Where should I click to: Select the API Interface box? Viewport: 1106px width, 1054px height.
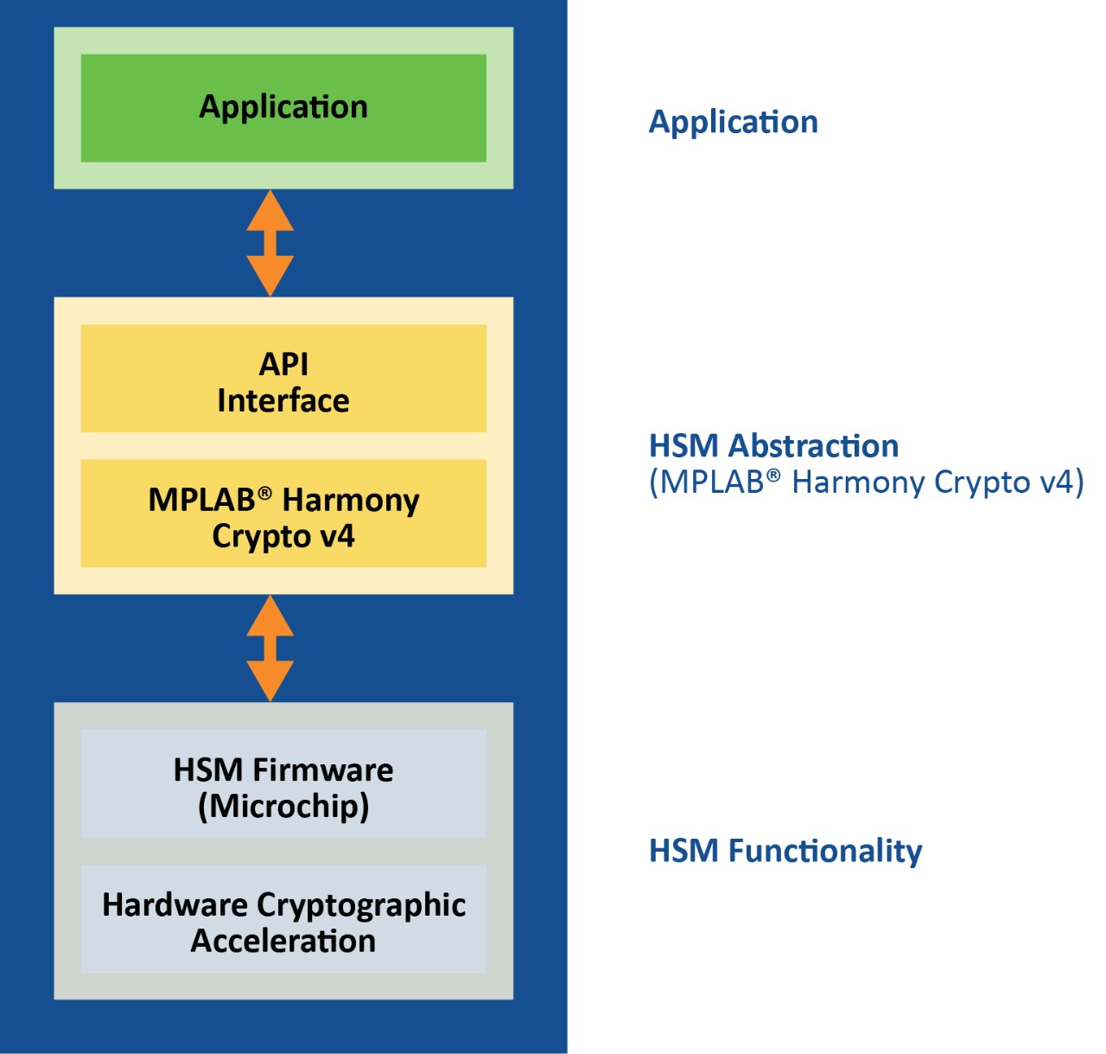pos(283,379)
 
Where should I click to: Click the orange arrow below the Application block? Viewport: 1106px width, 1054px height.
pos(270,243)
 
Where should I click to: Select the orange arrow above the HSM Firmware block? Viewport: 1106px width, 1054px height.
pos(270,648)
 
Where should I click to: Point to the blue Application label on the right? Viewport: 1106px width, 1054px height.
pos(733,122)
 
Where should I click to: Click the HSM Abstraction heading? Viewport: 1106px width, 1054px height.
pos(773,445)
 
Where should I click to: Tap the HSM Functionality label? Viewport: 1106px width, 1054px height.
pos(785,851)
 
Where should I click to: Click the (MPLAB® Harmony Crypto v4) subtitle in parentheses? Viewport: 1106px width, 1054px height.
pos(866,482)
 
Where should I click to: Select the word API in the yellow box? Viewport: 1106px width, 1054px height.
pos(283,364)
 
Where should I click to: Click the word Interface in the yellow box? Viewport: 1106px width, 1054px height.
pos(283,400)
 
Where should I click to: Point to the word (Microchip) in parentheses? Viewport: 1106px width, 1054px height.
pos(283,806)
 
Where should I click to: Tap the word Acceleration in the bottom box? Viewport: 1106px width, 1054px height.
pos(283,941)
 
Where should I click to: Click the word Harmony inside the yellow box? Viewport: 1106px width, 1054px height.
pos(351,500)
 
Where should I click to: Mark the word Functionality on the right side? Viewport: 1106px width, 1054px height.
pos(825,851)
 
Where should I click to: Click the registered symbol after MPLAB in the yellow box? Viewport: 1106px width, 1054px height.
pos(264,492)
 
